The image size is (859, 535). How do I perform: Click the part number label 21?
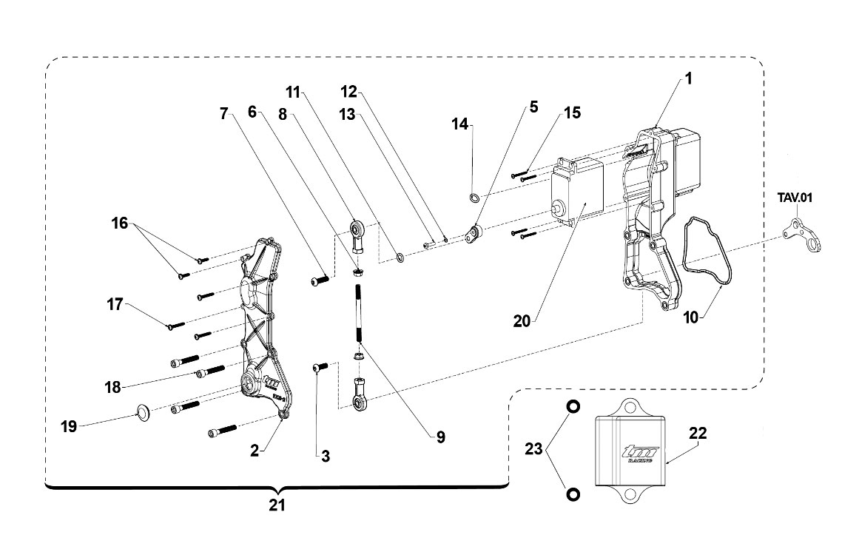click(x=277, y=505)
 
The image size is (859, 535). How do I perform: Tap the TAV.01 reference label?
click(x=795, y=198)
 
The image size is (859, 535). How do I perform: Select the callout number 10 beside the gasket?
click(x=691, y=317)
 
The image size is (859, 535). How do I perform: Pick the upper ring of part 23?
click(x=573, y=406)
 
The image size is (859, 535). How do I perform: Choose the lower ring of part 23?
click(x=573, y=494)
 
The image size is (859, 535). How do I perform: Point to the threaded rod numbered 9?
click(x=358, y=314)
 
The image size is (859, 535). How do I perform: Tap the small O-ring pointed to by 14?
click(x=475, y=197)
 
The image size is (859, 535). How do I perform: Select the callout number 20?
click(x=522, y=321)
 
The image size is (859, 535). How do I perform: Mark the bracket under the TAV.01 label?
click(x=801, y=235)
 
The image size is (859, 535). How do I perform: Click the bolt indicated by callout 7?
click(x=320, y=280)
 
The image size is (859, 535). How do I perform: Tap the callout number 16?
click(x=119, y=223)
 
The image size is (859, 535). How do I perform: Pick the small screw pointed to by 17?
click(x=177, y=326)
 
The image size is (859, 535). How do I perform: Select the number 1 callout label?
click(x=689, y=79)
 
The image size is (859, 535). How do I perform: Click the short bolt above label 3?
click(x=320, y=366)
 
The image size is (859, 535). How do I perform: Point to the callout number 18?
click(x=113, y=388)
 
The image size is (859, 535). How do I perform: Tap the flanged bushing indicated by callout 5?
click(x=473, y=234)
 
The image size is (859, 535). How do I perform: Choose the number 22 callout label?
click(x=698, y=434)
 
